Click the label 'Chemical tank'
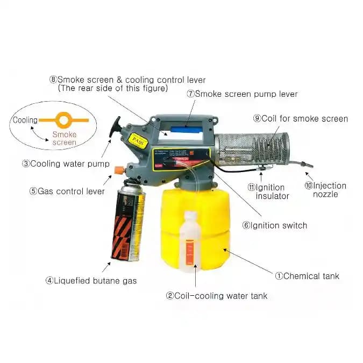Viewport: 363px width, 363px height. [x=308, y=276]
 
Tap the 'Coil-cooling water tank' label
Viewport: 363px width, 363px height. [x=217, y=295]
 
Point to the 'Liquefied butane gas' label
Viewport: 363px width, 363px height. [x=91, y=280]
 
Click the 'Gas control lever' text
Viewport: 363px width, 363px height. [x=67, y=191]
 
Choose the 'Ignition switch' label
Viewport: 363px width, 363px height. [x=274, y=225]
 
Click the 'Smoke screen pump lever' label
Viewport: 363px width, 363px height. [x=242, y=94]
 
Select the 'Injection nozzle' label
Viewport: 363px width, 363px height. [x=326, y=189]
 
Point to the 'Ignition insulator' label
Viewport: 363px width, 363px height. [x=268, y=191]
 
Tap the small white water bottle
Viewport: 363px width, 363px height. [x=190, y=240]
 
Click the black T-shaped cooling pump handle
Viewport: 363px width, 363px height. [x=115, y=127]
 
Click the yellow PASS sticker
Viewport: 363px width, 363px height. [x=139, y=138]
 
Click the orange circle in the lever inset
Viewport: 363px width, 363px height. [x=63, y=119]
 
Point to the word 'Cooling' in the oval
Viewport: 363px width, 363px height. [x=25, y=120]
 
